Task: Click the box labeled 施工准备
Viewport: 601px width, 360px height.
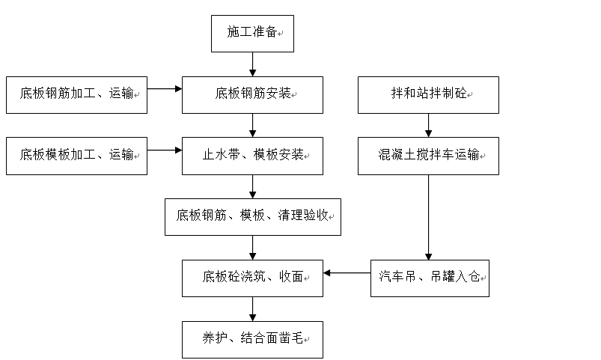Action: (x=252, y=34)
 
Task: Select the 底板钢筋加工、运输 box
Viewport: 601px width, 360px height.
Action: (x=76, y=95)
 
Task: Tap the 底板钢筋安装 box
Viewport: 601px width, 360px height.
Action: (x=252, y=95)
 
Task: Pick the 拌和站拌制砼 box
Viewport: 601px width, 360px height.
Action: (x=429, y=95)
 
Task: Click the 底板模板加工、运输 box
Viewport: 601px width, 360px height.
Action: (x=76, y=156)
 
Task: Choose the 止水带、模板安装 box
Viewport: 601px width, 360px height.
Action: (x=252, y=156)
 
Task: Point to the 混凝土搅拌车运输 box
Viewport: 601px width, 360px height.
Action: (x=429, y=156)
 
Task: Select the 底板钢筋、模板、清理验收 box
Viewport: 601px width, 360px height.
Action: (x=253, y=217)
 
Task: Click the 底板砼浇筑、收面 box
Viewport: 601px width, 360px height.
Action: (x=252, y=278)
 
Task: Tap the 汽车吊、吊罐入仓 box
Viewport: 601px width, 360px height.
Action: (x=430, y=278)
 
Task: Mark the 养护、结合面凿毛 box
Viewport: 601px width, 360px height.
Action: (x=252, y=340)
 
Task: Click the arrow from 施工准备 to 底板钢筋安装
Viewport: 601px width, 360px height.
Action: (x=252, y=64)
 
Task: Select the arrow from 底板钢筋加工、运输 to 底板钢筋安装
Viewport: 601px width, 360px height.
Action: (x=165, y=89)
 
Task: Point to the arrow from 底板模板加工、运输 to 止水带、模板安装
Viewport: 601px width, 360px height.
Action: (x=165, y=150)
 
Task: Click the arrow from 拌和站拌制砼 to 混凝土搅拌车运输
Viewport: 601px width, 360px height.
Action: (x=429, y=126)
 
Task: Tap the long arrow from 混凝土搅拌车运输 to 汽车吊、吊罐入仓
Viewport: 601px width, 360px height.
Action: (x=429, y=217)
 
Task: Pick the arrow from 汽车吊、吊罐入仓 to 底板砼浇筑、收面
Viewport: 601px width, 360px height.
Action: (x=347, y=273)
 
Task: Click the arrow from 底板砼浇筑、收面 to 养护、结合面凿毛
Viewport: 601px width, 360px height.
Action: (x=252, y=309)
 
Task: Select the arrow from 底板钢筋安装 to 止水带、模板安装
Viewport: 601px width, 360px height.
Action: (x=252, y=126)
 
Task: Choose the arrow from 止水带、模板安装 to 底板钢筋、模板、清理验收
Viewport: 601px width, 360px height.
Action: (x=252, y=186)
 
